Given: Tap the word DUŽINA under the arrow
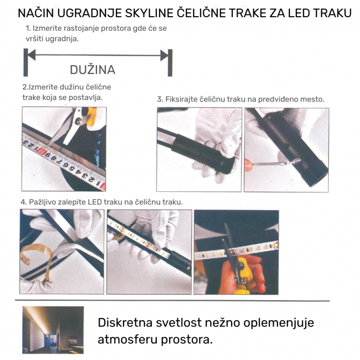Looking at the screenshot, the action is pyautogui.click(x=93, y=70).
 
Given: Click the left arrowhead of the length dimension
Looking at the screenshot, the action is pyautogui.click(x=32, y=55).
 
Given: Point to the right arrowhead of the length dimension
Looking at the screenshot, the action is pyautogui.click(x=164, y=56).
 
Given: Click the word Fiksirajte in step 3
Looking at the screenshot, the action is pyautogui.click(x=181, y=99).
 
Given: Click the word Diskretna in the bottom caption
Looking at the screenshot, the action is pyautogui.click(x=125, y=322).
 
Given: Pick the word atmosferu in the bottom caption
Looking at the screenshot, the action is pyautogui.click(x=127, y=340).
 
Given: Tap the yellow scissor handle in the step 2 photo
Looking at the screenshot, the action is pyautogui.click(x=90, y=116).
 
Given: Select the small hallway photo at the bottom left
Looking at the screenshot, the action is pyautogui.click(x=53, y=330).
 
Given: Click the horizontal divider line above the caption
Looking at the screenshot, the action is pyautogui.click(x=172, y=300).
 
